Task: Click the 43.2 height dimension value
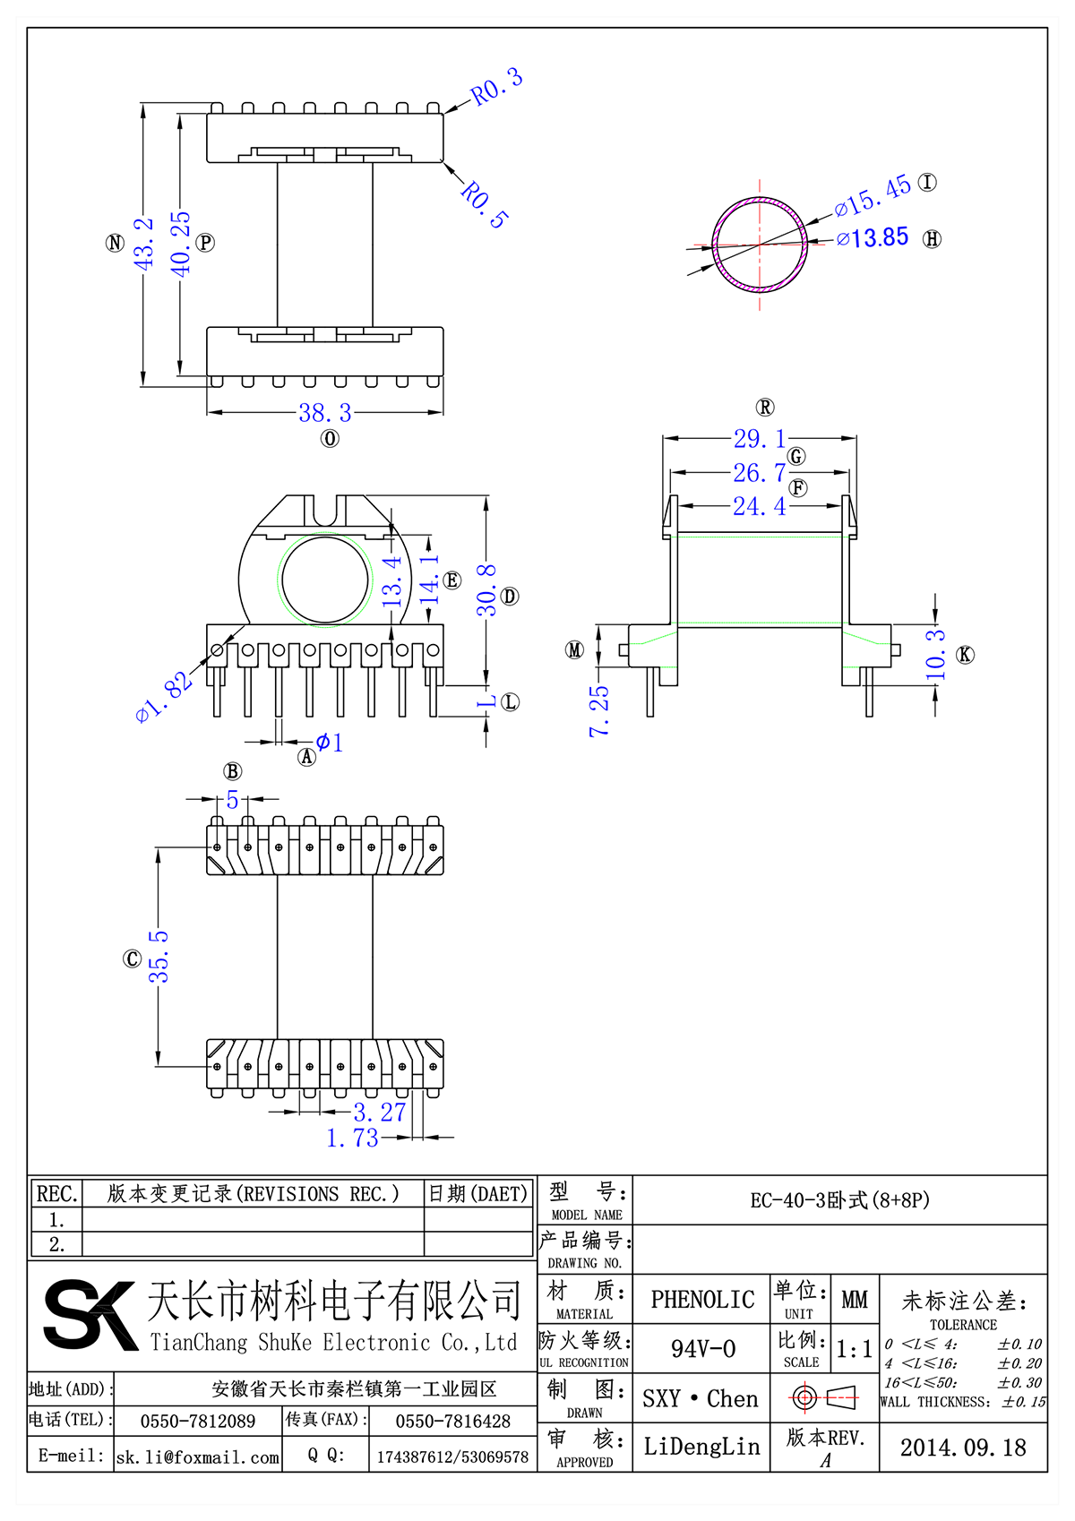pos(143,243)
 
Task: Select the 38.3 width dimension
pos(325,413)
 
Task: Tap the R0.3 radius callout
pos(496,87)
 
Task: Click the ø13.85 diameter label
pos(873,238)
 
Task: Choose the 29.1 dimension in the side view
pos(760,439)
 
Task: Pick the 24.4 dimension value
pos(760,507)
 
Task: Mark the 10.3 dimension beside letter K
pos(934,654)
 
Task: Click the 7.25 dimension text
pos(598,711)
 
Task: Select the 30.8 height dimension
pos(486,590)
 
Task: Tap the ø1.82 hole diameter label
pos(164,697)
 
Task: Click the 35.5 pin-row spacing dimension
pos(159,957)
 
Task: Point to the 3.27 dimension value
pos(380,1113)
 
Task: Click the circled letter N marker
pos(115,243)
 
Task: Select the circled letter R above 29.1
pos(765,408)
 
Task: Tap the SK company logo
pos(90,1314)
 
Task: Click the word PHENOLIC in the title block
pos(702,1300)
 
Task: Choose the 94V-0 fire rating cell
pos(703,1349)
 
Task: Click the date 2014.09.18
pos(963,1448)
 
